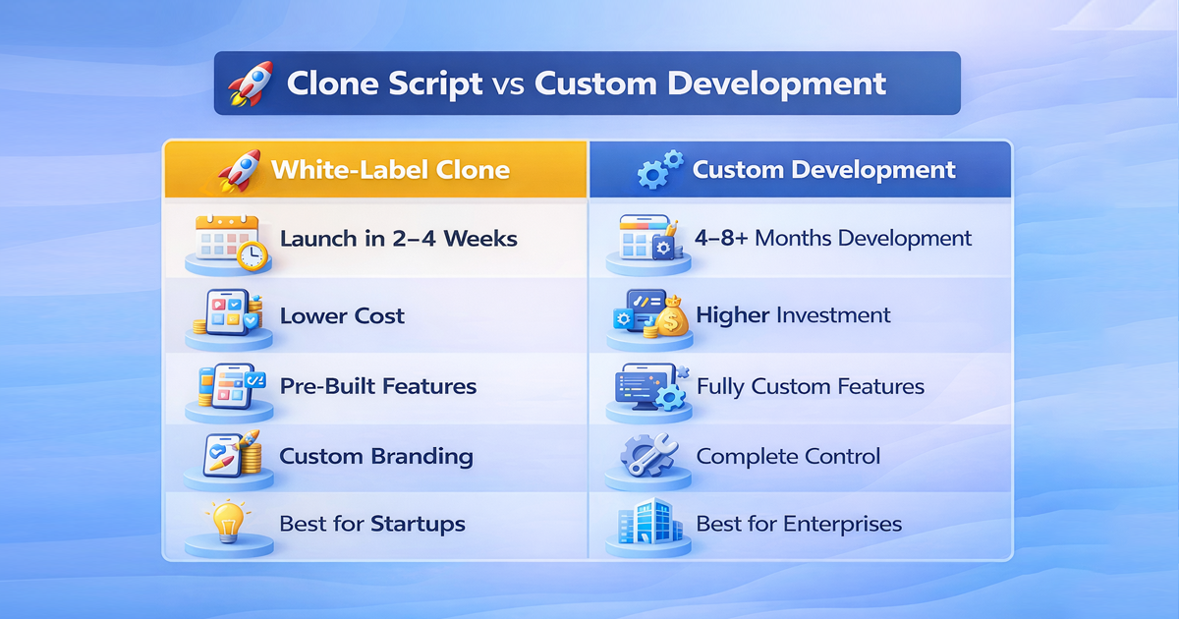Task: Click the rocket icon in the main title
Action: click(x=252, y=84)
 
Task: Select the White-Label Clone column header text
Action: click(x=390, y=169)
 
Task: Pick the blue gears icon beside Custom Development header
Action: click(x=658, y=170)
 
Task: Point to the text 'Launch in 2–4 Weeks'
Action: click(x=398, y=239)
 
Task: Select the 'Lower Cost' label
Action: click(x=342, y=316)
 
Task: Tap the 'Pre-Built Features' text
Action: click(x=377, y=386)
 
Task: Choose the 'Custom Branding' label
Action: click(x=375, y=456)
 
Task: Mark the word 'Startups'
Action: click(x=418, y=524)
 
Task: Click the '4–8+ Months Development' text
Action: click(x=834, y=239)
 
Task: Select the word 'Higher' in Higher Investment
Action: click(x=732, y=315)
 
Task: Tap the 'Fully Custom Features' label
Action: click(x=810, y=386)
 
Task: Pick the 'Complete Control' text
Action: click(x=788, y=456)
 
